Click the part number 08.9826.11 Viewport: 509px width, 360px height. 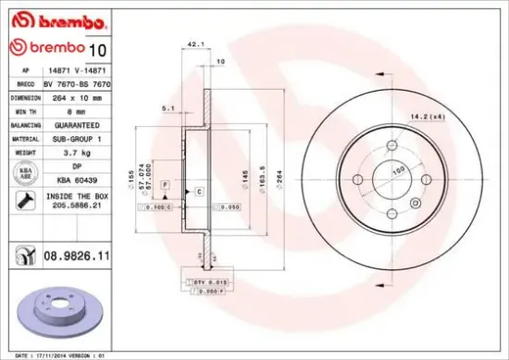tap(77, 252)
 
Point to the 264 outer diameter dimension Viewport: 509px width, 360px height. tap(279, 174)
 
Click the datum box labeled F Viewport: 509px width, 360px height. tap(165, 186)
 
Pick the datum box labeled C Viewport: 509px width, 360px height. tap(198, 190)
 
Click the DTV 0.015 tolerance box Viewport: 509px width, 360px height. tap(205, 280)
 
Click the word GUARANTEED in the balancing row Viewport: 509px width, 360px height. tap(74, 123)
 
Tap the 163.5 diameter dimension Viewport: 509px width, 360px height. tap(263, 174)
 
